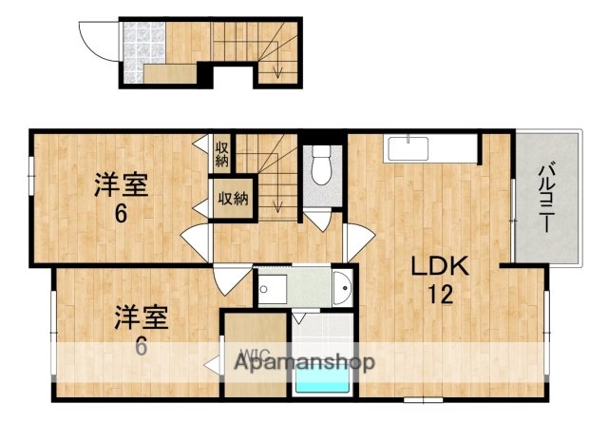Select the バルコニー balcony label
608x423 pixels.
pos(547,196)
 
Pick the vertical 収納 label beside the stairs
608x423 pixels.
pos(221,154)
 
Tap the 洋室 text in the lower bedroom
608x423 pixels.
pos(142,315)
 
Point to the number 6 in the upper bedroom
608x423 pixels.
pos(121,214)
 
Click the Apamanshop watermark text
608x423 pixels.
pos(305,362)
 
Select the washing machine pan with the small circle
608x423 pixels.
pos(272,285)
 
